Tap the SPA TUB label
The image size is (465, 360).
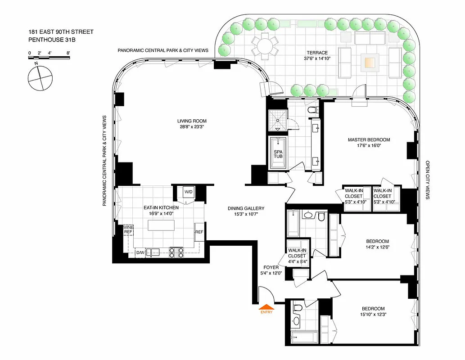(278, 154)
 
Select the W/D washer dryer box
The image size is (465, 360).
(188, 193)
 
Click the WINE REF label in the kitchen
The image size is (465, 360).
(128, 230)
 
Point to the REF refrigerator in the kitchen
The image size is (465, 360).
(199, 232)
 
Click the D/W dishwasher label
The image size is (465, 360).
(140, 253)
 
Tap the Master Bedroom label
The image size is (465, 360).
(369, 139)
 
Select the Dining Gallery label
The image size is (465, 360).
(246, 208)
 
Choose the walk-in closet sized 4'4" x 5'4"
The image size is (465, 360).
(298, 255)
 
